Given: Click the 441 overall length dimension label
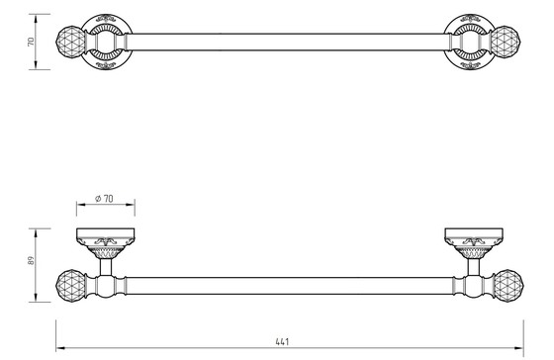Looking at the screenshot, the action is point(282,341).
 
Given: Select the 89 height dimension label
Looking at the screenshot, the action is point(31,261).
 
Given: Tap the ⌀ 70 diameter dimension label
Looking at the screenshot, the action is point(104,199).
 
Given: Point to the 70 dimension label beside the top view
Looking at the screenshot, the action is point(31,42).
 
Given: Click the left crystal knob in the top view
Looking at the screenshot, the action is point(70,42).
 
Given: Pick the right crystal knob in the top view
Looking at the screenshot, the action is point(506,41).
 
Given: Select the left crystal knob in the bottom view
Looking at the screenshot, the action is point(71,286).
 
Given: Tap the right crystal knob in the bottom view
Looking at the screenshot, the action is point(508,286).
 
